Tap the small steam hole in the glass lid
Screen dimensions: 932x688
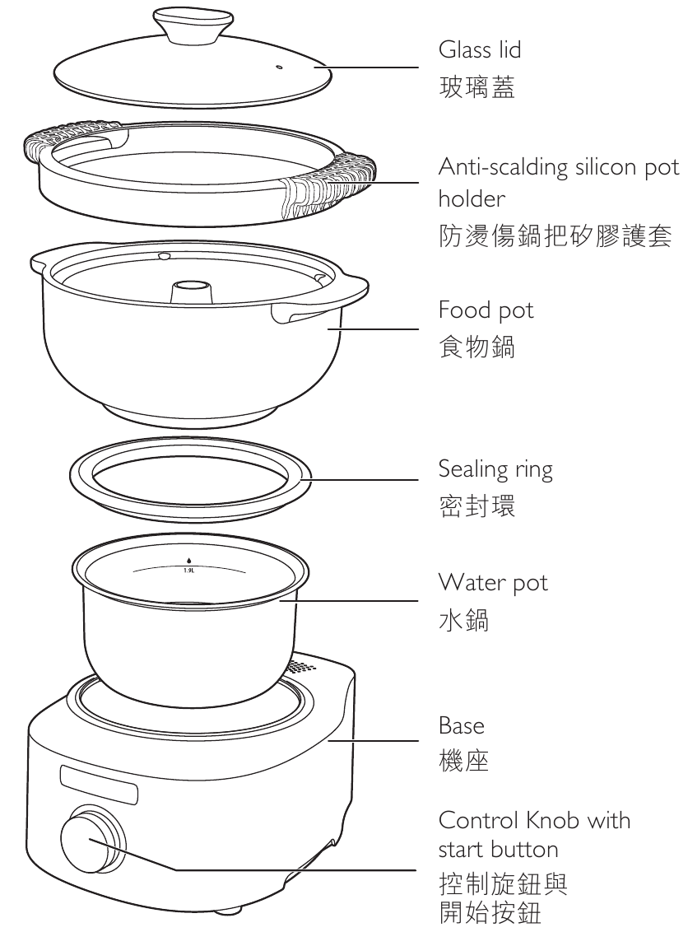tap(277, 67)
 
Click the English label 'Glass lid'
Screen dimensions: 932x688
tap(480, 51)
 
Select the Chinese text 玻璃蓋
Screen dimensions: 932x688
tap(477, 87)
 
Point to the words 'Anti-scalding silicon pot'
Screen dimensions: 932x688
tap(559, 168)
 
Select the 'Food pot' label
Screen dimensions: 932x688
tap(486, 310)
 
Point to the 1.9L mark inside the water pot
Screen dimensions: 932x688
tap(188, 569)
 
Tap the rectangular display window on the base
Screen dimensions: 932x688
tap(97, 783)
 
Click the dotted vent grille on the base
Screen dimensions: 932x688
tap(304, 666)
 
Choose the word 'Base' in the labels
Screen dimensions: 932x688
tap(462, 726)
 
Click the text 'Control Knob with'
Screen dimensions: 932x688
tap(534, 821)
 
